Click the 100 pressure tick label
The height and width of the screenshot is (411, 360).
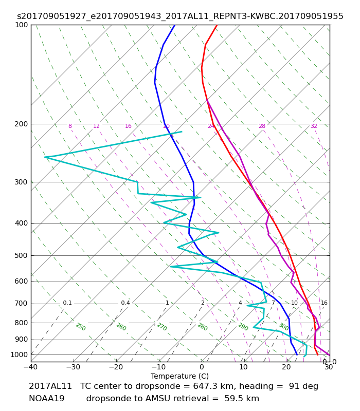coord(21,25)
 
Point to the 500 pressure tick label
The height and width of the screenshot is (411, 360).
coord(21,255)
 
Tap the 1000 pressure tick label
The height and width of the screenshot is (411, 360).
coord(19,354)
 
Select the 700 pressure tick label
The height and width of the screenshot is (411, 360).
coord(21,304)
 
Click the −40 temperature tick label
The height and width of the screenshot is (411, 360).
coord(30,367)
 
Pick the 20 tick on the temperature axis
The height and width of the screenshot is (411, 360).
coord(286,367)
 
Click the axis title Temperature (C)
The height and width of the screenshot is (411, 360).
coord(179,376)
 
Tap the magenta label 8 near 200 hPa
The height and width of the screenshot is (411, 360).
coord(70,126)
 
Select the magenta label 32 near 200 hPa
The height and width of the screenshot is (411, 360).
coord(314,126)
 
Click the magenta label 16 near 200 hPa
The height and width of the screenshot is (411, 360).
coord(128,126)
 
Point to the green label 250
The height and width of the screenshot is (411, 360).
coord(81,327)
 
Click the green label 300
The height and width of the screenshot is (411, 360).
coord(284,327)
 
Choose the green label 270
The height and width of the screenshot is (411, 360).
coord(162,327)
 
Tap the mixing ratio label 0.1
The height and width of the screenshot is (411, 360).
coord(67,303)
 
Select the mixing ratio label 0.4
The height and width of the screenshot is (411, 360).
coord(125,303)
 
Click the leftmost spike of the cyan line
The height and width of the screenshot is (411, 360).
coord(45,157)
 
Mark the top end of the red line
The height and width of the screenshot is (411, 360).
coord(217,25)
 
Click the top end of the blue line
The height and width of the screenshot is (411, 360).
coord(175,25)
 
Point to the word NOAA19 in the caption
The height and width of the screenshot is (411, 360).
coord(46,399)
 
